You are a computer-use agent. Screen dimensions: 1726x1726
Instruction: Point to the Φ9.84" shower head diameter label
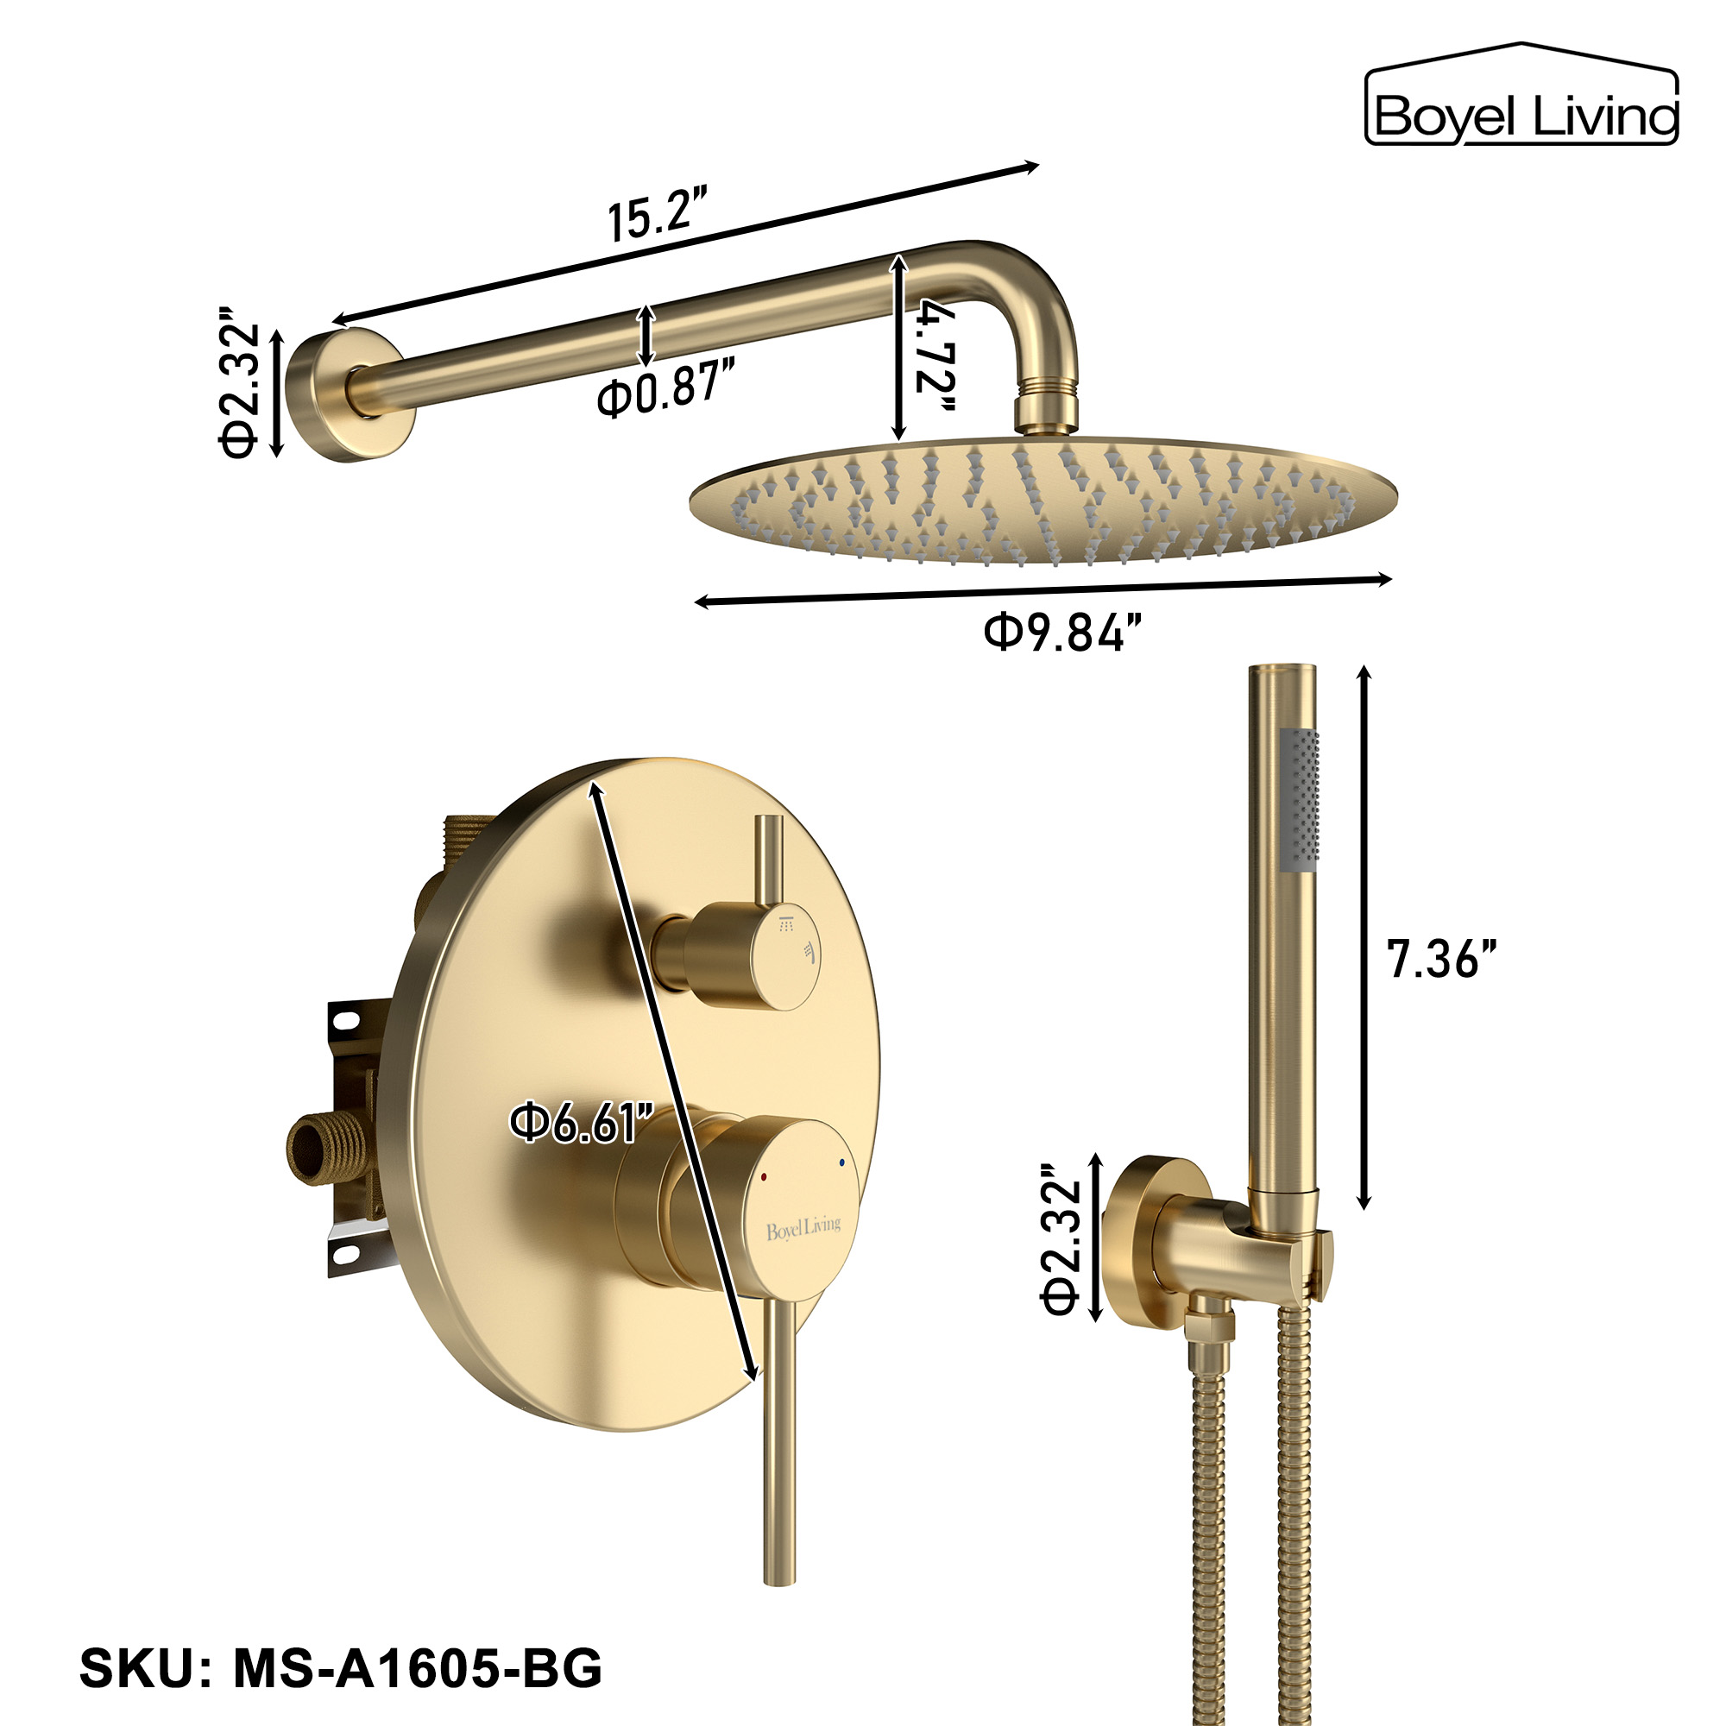1063,633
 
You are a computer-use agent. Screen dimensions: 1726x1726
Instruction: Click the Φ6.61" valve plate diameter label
582,1123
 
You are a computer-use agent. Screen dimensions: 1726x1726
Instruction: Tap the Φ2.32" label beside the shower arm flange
239,381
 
